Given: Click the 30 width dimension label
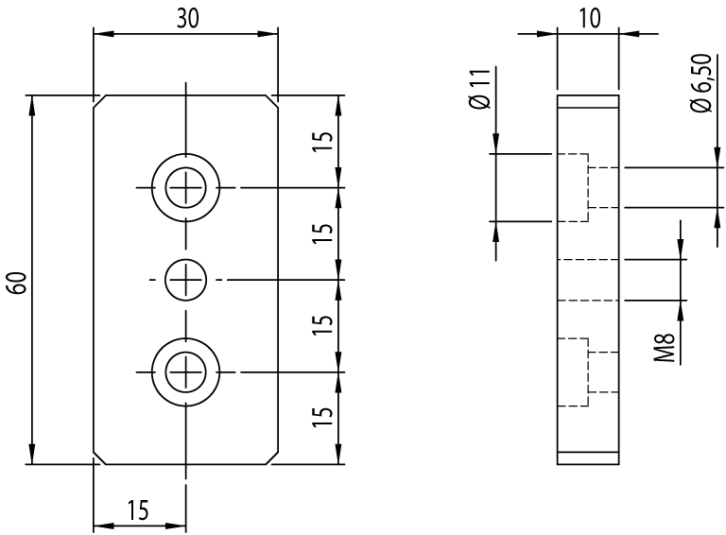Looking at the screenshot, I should [x=186, y=19].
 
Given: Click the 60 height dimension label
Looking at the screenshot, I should [x=16, y=282].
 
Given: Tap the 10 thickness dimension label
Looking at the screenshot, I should [x=587, y=19].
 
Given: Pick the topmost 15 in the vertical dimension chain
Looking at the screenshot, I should [x=322, y=141].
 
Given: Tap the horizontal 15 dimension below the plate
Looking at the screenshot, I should [x=138, y=510].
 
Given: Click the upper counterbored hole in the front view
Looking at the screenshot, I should [x=186, y=187].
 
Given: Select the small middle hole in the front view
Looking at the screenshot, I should [x=186, y=280].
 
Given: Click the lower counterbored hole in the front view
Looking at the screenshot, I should [x=186, y=371].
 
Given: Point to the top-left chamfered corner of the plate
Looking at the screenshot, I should [x=97, y=101].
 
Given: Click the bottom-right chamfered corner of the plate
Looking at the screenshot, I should [x=273, y=458].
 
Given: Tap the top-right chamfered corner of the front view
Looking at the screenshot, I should [x=273, y=101].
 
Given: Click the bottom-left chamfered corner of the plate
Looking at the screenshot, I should [x=97, y=458].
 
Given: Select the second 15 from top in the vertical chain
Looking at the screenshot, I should [x=322, y=233].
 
